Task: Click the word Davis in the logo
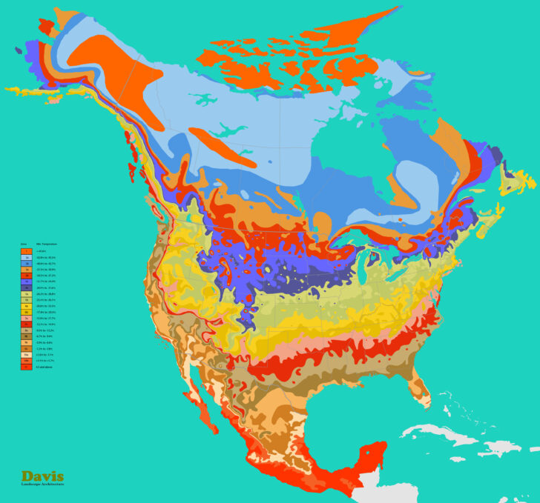point(42,476)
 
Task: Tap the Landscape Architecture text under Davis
point(42,484)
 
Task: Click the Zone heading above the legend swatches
point(23,244)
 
